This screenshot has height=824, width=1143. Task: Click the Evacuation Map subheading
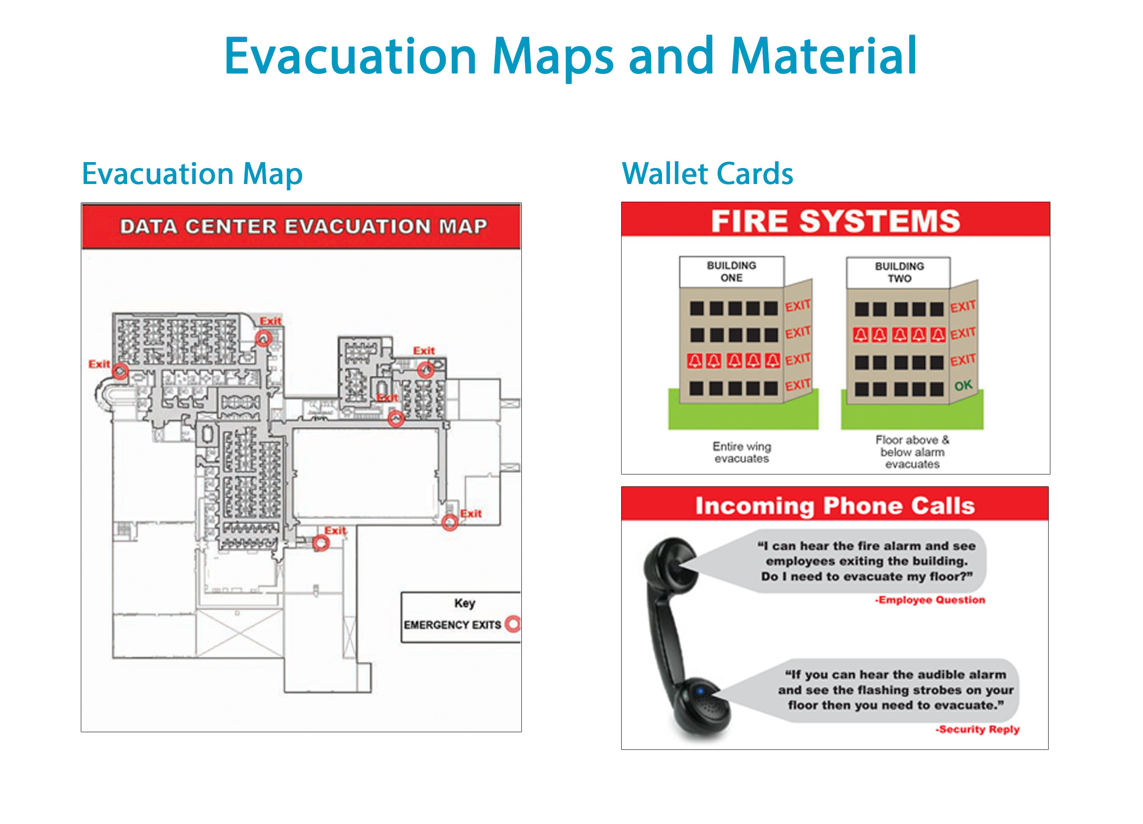[192, 174]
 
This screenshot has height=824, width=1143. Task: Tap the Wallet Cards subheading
[707, 174]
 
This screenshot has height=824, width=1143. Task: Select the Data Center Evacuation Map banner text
[303, 227]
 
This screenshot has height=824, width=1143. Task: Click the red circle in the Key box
[513, 624]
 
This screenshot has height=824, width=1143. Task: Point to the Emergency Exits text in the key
[452, 625]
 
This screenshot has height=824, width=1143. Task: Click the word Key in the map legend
[464, 603]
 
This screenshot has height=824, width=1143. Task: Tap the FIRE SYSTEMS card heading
[836, 221]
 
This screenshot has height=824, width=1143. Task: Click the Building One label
[731, 271]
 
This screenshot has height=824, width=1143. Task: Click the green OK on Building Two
[963, 386]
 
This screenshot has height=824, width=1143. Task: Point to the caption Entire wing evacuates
[742, 452]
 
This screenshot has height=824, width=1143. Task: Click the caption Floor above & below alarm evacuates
[912, 452]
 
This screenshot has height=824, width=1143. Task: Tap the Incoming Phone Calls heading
[835, 506]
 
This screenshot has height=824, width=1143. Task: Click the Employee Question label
[930, 600]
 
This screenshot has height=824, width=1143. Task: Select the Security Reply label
[978, 729]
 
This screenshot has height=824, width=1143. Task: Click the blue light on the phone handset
[700, 691]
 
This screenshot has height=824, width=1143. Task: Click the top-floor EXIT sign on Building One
[798, 306]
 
